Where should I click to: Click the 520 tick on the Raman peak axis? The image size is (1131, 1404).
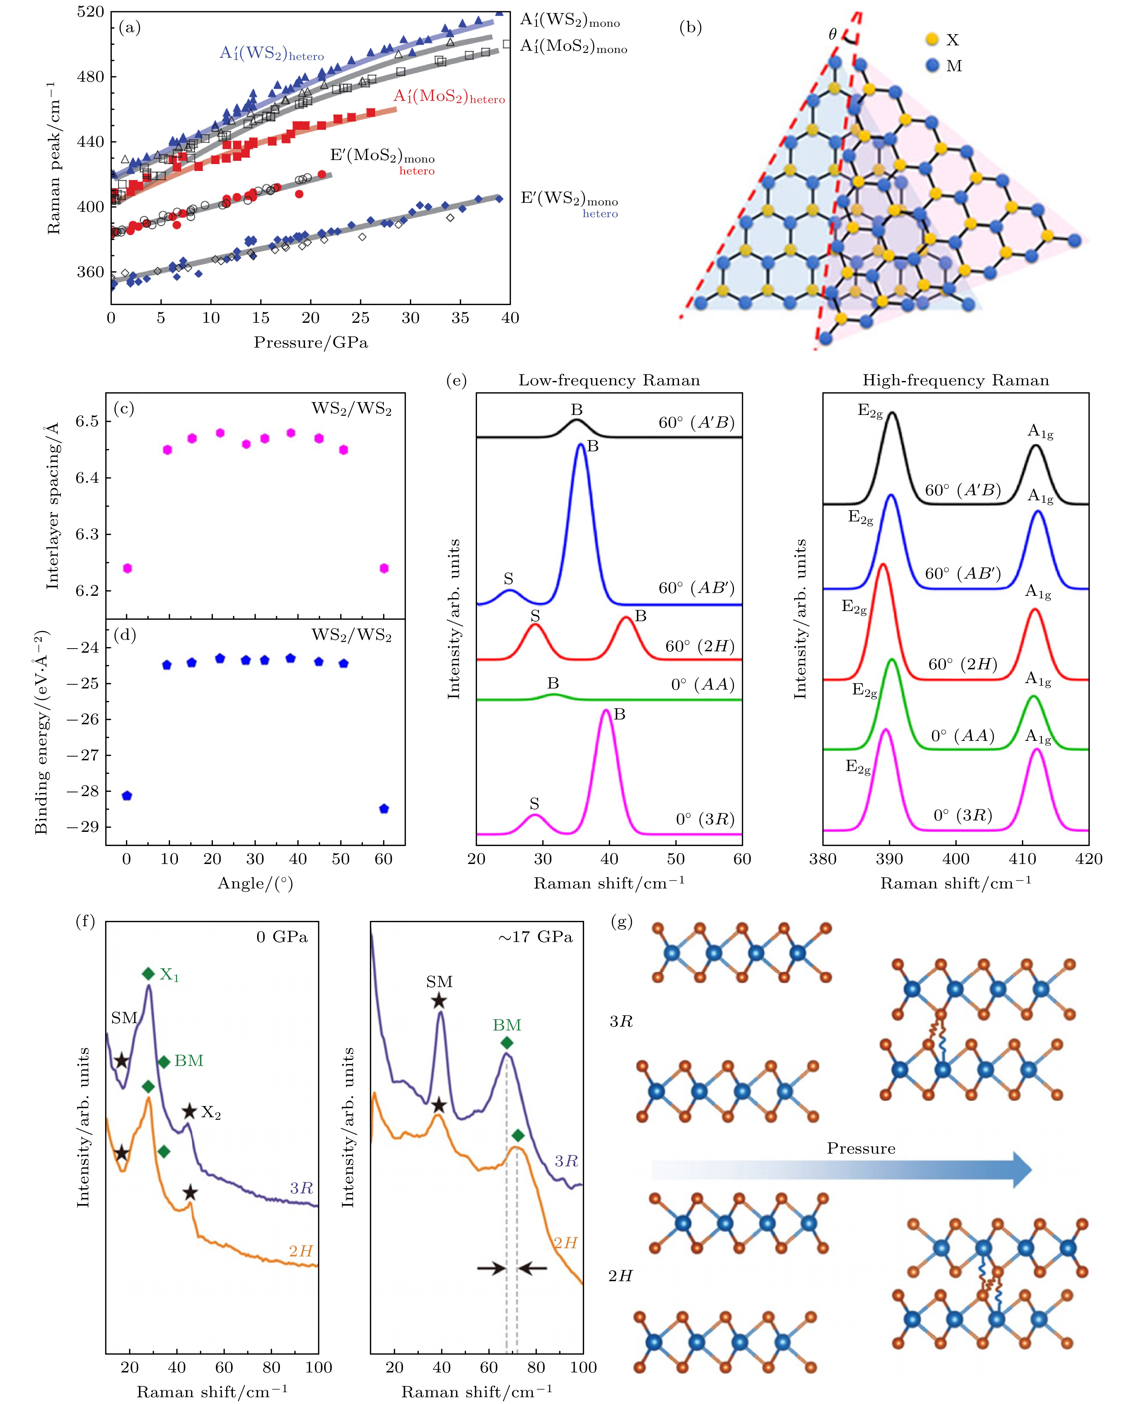[x=91, y=12]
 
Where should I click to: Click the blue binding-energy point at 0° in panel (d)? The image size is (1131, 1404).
[x=127, y=796]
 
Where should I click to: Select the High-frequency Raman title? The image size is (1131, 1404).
[x=956, y=381]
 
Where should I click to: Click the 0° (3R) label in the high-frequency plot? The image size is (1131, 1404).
[x=962, y=815]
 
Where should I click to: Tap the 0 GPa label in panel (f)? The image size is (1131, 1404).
[x=281, y=937]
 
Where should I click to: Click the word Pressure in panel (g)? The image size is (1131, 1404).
[x=861, y=1148]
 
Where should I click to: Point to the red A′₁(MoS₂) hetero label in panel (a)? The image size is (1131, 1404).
[x=449, y=97]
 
